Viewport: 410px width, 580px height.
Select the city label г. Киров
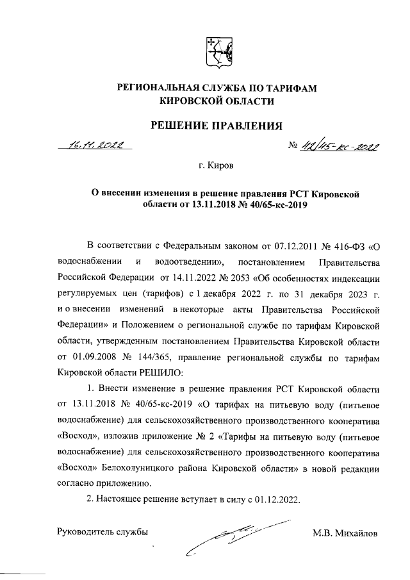click(x=216, y=166)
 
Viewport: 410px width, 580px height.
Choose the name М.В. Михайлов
click(x=346, y=533)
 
